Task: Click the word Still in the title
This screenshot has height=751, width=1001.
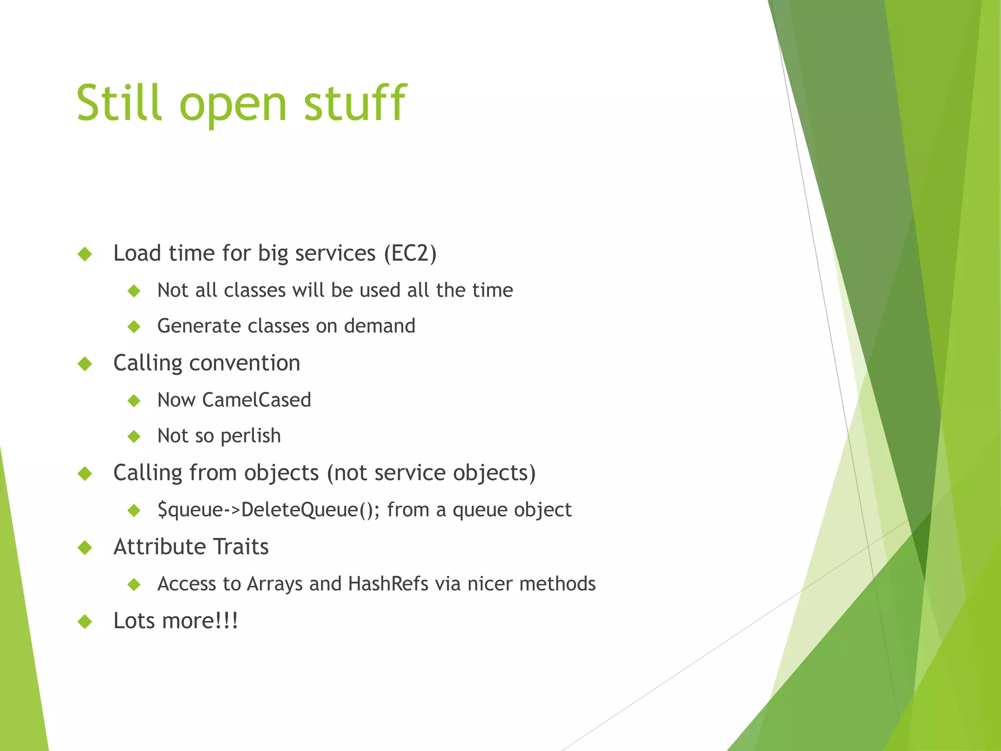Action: pyautogui.click(x=119, y=103)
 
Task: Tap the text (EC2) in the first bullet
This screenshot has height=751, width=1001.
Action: pyautogui.click(x=410, y=254)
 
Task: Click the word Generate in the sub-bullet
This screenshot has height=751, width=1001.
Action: pyautogui.click(x=199, y=326)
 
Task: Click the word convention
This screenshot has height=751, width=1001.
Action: pyautogui.click(x=244, y=363)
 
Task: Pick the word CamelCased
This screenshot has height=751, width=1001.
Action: pyautogui.click(x=256, y=400)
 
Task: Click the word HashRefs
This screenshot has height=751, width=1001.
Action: pyautogui.click(x=388, y=584)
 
